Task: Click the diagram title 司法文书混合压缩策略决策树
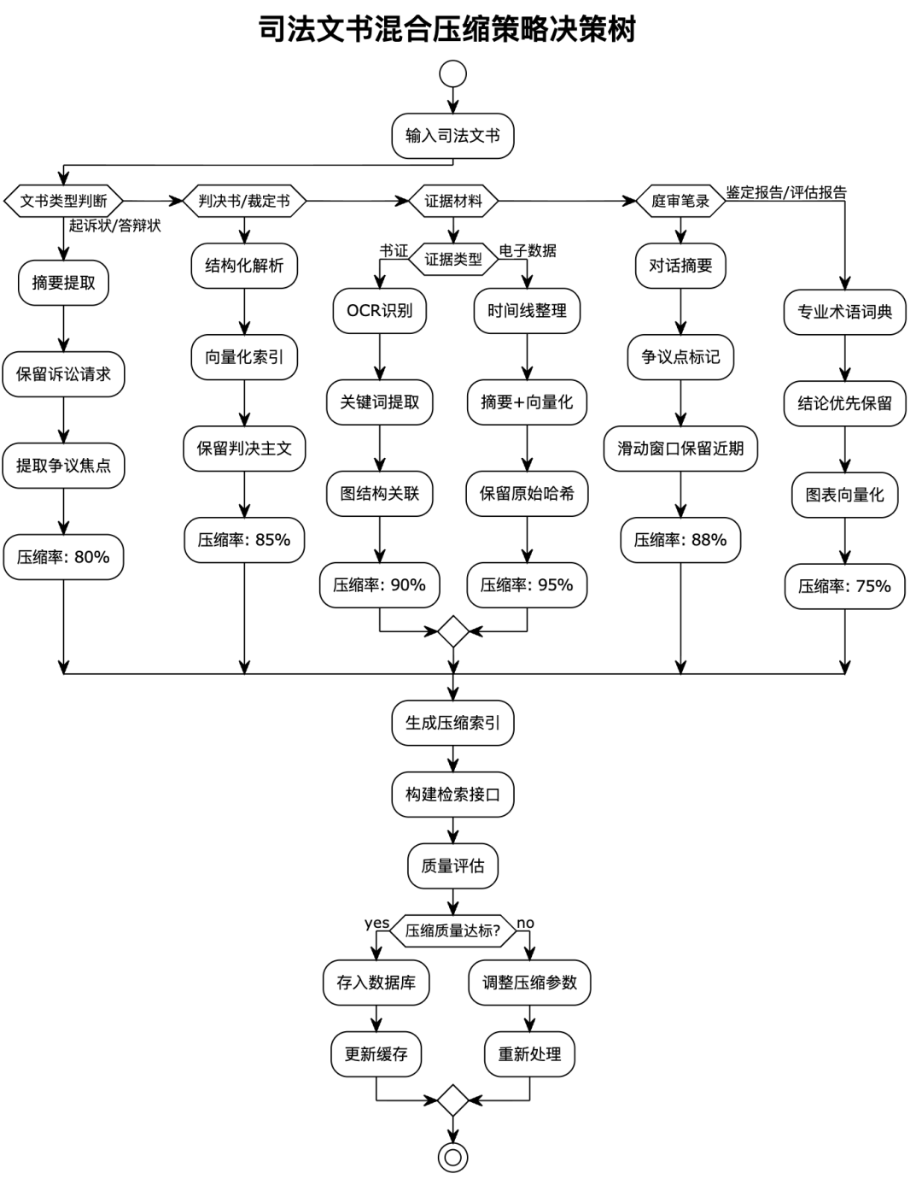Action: click(448, 30)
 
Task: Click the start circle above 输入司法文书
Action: click(452, 74)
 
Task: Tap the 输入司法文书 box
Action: click(452, 136)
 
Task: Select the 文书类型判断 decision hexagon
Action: click(64, 202)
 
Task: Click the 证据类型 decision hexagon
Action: click(453, 259)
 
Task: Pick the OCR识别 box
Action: click(379, 311)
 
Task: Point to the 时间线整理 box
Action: click(527, 311)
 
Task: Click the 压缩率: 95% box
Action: click(527, 585)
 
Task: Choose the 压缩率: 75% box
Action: click(844, 586)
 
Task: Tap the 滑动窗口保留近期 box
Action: click(680, 449)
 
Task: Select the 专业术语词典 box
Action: click(844, 312)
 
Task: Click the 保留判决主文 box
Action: click(244, 449)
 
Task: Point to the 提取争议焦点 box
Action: click(64, 466)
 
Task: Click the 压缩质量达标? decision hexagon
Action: click(452, 931)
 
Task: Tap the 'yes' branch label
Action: click(376, 924)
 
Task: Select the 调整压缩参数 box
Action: click(529, 983)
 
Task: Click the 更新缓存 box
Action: click(376, 1054)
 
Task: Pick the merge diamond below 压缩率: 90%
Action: click(452, 632)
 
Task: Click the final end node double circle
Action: click(452, 1158)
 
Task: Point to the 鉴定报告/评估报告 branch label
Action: click(786, 193)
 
